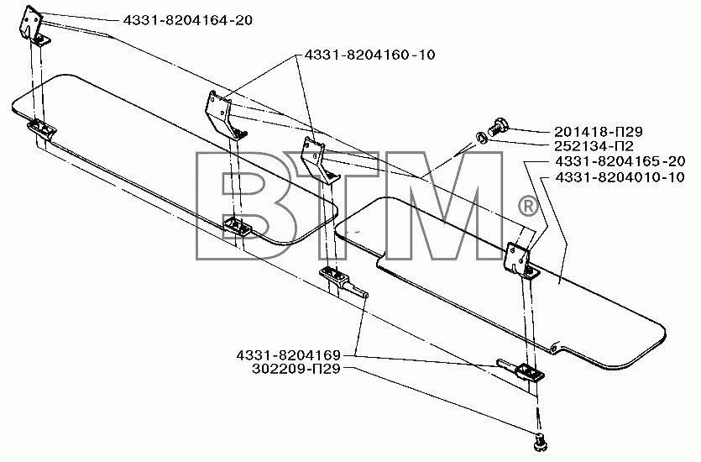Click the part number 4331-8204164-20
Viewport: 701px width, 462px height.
(187, 20)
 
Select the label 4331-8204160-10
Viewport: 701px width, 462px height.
(369, 55)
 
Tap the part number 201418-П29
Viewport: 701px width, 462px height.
(599, 132)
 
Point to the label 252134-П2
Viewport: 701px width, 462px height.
(594, 146)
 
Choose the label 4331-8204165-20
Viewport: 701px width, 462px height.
(620, 161)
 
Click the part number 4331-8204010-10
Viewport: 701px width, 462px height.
(620, 177)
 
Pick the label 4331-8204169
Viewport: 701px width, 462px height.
(288, 355)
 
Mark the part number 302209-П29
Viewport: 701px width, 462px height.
(296, 370)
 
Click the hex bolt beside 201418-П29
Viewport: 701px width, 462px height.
(499, 126)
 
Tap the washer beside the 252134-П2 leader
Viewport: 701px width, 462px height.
(480, 137)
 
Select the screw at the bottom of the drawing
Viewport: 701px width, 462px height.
(540, 442)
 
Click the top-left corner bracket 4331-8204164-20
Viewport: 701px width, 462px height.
(33, 25)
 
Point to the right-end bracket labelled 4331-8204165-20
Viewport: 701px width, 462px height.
(520, 260)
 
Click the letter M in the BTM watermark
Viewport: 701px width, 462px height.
(442, 206)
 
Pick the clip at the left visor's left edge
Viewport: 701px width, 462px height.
(42, 129)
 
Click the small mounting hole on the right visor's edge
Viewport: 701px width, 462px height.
(553, 347)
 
